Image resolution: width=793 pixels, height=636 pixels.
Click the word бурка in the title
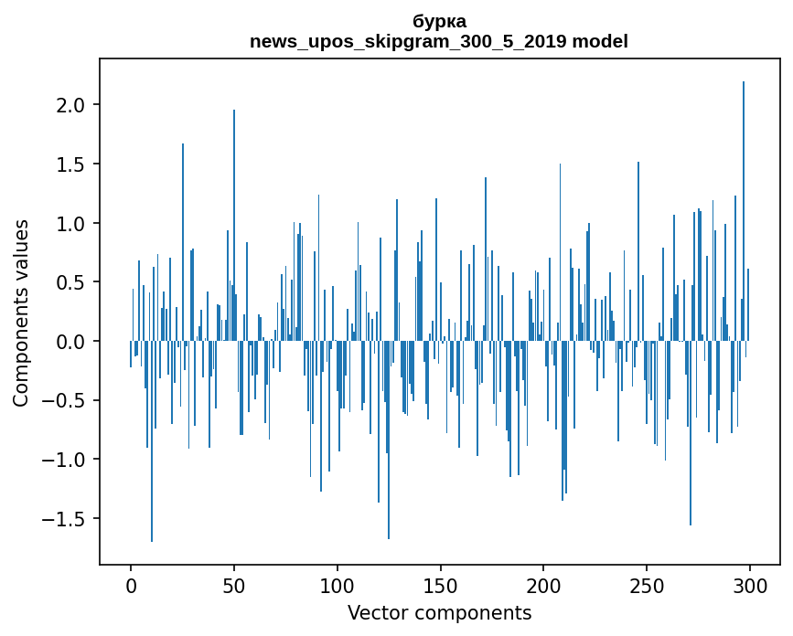439,22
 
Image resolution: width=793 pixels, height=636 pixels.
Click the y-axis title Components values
21,313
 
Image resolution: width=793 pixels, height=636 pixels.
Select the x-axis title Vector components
439,612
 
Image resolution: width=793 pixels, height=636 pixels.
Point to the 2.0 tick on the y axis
72,106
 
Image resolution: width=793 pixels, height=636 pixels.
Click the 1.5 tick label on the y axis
72,164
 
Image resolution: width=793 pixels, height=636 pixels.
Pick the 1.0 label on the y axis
72,224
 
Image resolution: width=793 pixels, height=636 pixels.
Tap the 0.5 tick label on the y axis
72,282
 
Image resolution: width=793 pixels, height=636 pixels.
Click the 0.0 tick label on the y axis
72,342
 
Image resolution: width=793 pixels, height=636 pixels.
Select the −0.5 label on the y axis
66,400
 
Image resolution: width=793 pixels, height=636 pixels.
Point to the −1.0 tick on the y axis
66,460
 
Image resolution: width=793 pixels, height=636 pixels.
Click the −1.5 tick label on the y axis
66,519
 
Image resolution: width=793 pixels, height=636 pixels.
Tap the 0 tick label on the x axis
131,585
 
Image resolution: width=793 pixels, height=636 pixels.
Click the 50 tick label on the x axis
234,585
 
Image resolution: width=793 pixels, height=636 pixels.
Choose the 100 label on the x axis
338,585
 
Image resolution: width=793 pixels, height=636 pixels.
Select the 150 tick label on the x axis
441,585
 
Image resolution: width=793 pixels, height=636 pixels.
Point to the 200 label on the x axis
544,585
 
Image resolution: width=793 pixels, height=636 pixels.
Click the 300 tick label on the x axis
750,585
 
